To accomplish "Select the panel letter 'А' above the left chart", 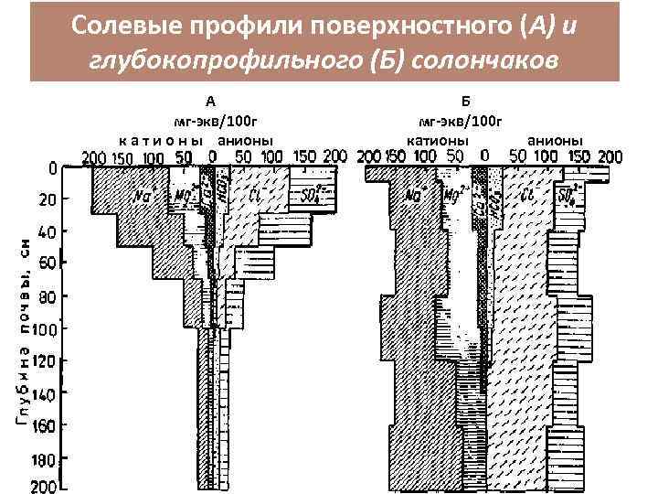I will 211,102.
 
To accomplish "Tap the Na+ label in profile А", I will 143,195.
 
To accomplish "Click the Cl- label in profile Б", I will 527,195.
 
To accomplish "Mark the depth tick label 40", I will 46,232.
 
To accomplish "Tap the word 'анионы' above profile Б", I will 557,140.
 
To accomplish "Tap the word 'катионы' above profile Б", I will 438,140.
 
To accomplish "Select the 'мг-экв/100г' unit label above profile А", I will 211,121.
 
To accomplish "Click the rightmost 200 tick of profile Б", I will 608,156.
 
